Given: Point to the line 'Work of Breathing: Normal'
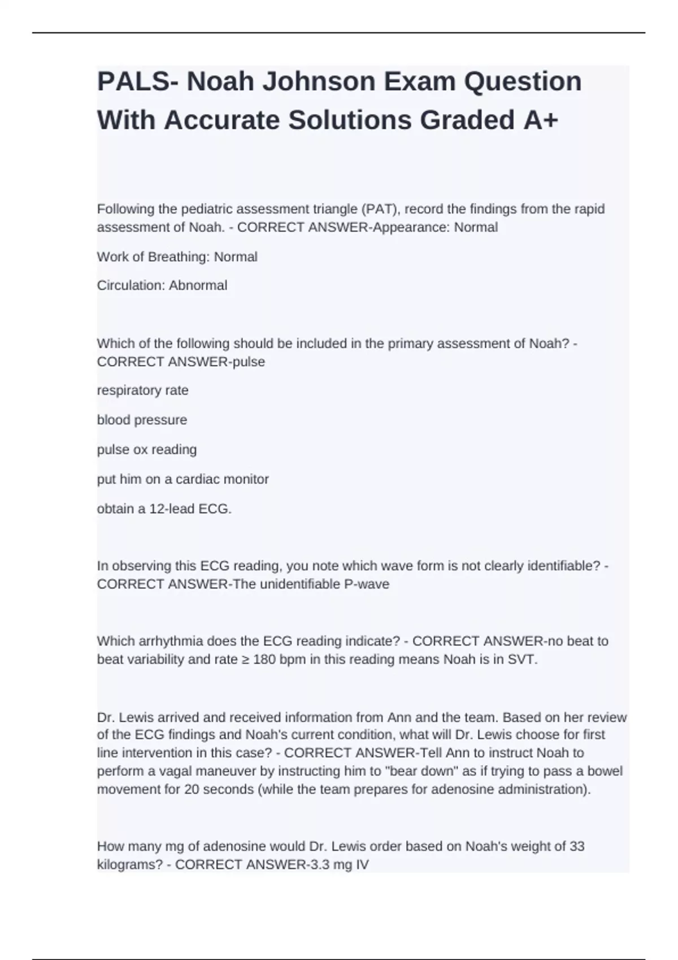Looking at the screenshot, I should tap(177, 257).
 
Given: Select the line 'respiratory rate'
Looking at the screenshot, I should tap(142, 391).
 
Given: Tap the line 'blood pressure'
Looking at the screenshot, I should tap(142, 420).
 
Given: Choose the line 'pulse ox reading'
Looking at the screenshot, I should tap(147, 450).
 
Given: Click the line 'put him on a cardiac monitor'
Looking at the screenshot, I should tap(182, 479).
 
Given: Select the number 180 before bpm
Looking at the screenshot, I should tap(264, 660).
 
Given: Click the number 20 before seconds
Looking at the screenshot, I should tap(192, 789).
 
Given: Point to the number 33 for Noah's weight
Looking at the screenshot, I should tap(577, 846).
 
